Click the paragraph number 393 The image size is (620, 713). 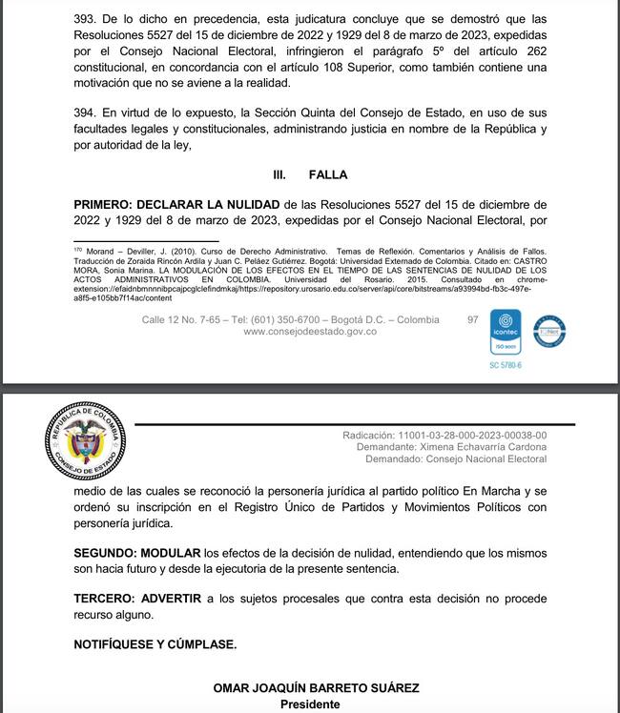pos(85,17)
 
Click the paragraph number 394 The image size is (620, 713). pos(85,111)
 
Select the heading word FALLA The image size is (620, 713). pos(328,175)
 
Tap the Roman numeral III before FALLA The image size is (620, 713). pos(280,175)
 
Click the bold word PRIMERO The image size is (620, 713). pos(103,204)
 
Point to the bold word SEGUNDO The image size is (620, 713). pos(105,553)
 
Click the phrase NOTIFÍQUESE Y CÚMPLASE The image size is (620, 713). pos(155,644)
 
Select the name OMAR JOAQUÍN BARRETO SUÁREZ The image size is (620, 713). pos(316,688)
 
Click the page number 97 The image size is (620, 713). pos(473,319)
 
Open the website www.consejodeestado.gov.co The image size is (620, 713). pos(310,332)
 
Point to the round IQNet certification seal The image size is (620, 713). pos(549,331)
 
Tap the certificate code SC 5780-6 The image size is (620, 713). pos(506,366)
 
